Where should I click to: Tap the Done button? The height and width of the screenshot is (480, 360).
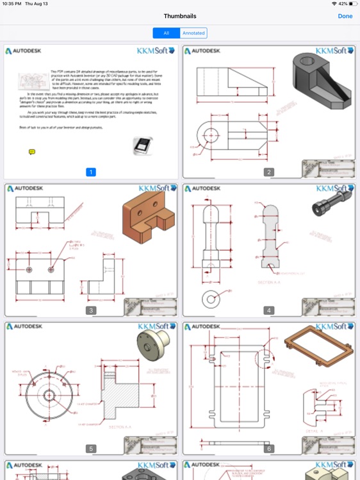(x=345, y=16)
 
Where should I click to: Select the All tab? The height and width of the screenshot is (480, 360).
(x=166, y=33)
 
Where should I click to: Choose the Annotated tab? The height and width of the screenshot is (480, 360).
(x=193, y=33)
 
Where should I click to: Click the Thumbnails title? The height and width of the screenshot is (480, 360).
(x=180, y=16)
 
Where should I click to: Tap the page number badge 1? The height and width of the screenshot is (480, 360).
(x=91, y=172)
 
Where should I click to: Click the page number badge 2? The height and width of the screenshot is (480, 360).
(x=269, y=172)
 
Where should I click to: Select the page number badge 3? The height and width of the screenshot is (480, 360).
(x=91, y=310)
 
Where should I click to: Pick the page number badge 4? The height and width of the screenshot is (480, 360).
(x=269, y=310)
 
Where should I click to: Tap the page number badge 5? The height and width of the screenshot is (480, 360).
(x=91, y=449)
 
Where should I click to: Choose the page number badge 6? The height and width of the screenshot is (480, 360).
(x=269, y=449)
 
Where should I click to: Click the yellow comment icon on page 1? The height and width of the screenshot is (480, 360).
(x=32, y=152)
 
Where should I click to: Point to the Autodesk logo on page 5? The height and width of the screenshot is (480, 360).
(x=24, y=326)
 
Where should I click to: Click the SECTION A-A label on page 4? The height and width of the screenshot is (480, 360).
(x=268, y=282)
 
